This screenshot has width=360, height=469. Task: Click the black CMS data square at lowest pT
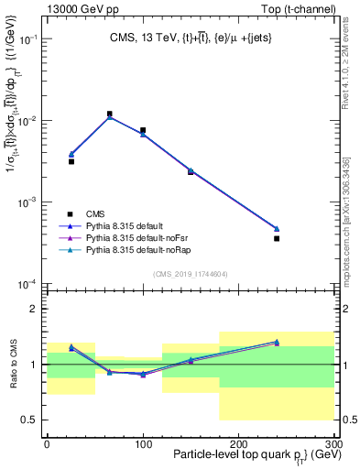pos(71,161)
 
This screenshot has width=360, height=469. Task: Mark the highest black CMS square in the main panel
pos(110,115)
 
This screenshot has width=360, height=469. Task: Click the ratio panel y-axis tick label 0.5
pos(33,420)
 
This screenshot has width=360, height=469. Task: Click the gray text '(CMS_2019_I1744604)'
pos(190,273)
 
